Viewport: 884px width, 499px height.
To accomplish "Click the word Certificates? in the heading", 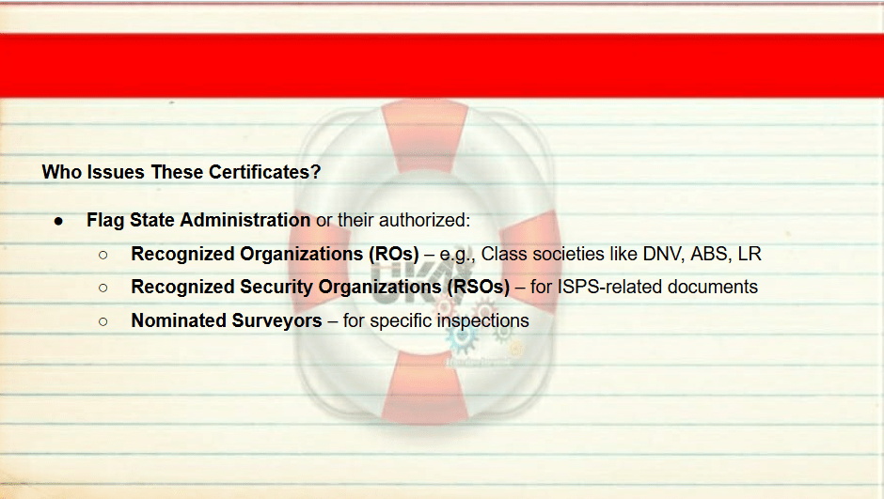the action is click(264, 172).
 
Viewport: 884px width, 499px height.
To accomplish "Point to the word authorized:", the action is click(424, 220).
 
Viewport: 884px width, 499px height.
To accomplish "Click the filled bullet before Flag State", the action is click(58, 222).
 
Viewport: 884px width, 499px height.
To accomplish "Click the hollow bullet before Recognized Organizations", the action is click(103, 255).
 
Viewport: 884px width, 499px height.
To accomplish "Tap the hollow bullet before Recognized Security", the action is click(103, 288).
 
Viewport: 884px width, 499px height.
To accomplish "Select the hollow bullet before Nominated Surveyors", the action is click(103, 321).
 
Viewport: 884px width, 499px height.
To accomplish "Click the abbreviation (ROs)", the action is click(393, 254).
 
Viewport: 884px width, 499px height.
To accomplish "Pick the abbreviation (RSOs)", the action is click(479, 288).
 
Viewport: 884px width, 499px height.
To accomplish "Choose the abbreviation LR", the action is click(750, 254).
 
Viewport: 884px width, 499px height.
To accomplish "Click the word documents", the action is click(713, 288).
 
